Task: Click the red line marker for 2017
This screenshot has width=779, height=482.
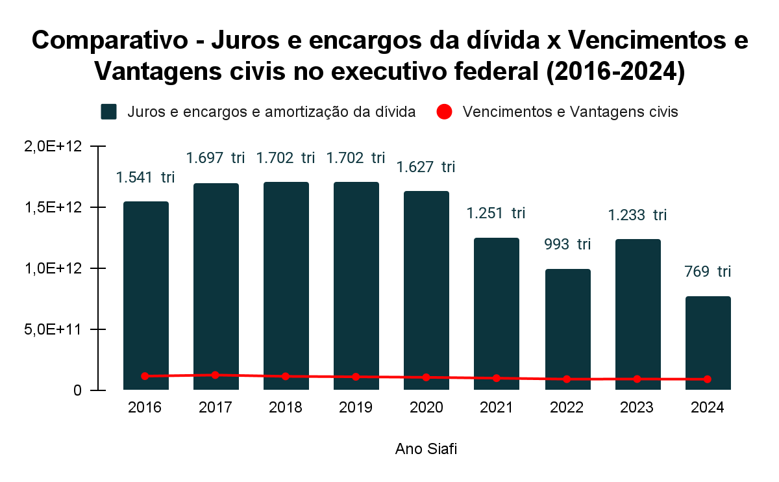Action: click(x=215, y=375)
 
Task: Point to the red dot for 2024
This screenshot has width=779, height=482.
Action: click(x=708, y=379)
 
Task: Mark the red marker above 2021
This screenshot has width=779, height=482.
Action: click(x=497, y=378)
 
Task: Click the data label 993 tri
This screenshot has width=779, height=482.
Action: click(x=567, y=245)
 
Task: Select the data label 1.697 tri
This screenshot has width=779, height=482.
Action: click(x=215, y=158)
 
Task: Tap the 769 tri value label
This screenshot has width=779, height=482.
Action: click(x=708, y=272)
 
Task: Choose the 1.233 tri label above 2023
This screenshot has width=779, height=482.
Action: click(x=637, y=215)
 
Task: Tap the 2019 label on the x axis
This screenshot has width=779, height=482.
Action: click(x=356, y=408)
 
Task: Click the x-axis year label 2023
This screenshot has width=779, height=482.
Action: click(x=637, y=408)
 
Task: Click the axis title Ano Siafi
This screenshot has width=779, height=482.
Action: click(x=426, y=450)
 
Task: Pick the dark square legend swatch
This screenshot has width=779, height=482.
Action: click(x=108, y=112)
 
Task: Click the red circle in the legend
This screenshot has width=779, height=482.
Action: click(x=444, y=112)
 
